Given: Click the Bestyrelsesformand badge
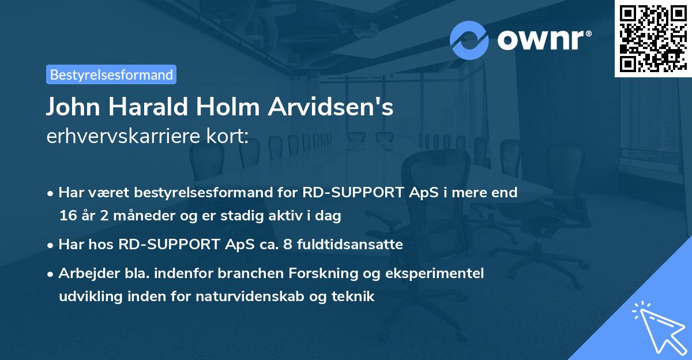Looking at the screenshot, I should point(111,74).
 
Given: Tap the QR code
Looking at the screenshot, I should point(653,38).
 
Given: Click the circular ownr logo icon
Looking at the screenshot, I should point(469,40).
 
